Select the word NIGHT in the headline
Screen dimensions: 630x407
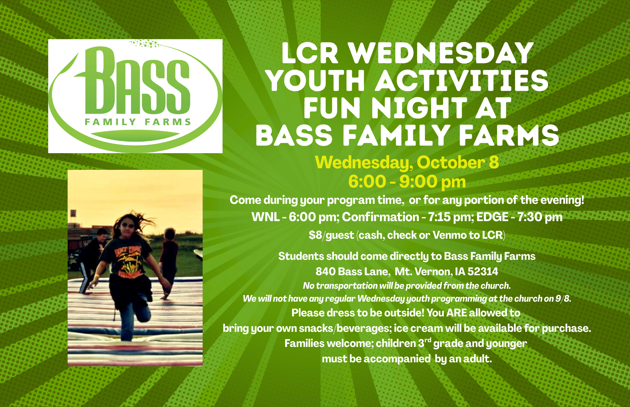click(x=419, y=108)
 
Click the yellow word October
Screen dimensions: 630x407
click(x=451, y=162)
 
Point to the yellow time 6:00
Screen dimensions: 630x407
click(x=367, y=181)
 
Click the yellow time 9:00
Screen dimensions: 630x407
click(x=418, y=181)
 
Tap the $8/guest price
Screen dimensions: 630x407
click(x=331, y=235)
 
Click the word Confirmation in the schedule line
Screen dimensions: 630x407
click(x=381, y=217)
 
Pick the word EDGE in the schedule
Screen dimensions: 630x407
click(x=492, y=217)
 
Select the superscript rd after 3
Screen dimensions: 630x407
click(x=428, y=340)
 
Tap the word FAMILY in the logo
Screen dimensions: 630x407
click(x=110, y=122)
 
